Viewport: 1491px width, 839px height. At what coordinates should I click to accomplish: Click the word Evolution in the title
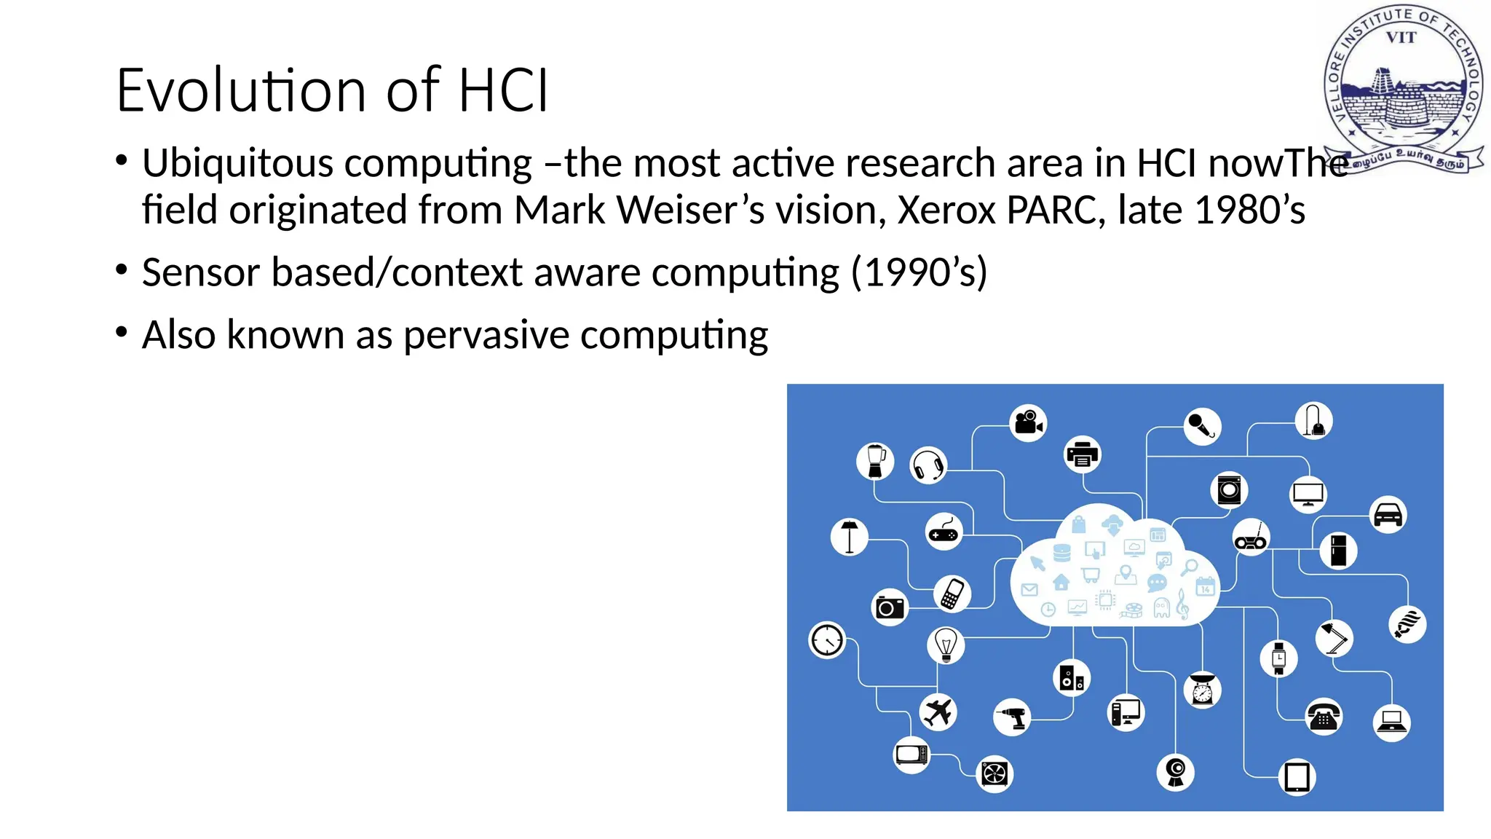click(x=241, y=90)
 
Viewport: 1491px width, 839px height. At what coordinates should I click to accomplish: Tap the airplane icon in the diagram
click(x=938, y=712)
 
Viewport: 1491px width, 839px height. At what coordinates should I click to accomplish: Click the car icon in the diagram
click(x=1388, y=514)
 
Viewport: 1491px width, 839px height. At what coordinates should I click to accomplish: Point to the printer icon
click(x=1082, y=454)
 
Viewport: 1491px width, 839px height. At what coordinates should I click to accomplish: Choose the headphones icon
click(x=928, y=465)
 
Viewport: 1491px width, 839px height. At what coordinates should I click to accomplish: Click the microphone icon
click(x=1201, y=425)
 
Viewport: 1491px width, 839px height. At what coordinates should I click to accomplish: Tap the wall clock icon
click(x=827, y=641)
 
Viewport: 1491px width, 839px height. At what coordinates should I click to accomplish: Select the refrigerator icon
click(x=1338, y=551)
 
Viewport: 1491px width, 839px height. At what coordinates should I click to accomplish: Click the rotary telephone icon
click(x=1324, y=717)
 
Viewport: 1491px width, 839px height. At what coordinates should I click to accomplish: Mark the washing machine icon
click(x=1229, y=489)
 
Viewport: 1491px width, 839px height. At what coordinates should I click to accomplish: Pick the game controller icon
click(x=944, y=532)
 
